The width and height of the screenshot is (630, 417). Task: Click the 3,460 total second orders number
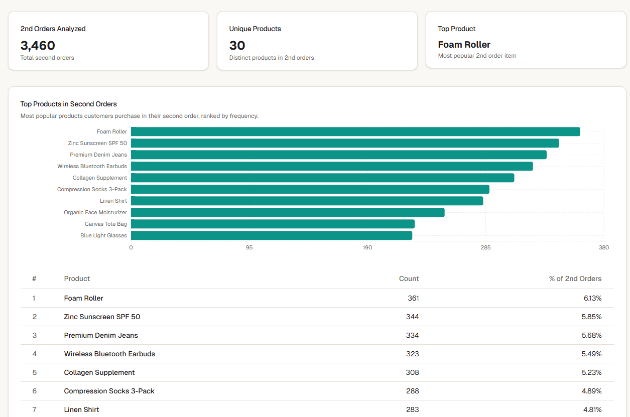(38, 46)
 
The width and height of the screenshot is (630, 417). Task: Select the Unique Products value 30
(237, 46)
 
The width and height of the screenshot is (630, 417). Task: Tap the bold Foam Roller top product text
(464, 45)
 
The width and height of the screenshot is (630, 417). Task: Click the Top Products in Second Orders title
(68, 104)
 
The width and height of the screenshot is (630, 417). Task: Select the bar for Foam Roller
(355, 131)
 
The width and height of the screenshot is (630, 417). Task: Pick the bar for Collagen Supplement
(322, 178)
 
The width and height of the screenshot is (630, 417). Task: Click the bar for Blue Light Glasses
(271, 235)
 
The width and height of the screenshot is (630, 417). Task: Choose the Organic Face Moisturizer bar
(287, 212)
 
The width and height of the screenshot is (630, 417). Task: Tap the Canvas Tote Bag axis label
(105, 224)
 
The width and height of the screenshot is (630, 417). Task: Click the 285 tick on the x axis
(485, 247)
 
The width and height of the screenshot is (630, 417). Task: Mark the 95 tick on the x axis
(249, 247)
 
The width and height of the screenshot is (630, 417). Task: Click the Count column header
(409, 279)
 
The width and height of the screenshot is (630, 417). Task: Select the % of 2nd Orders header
(575, 279)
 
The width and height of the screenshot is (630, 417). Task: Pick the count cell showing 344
(412, 317)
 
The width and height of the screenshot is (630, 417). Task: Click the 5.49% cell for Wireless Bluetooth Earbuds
(591, 354)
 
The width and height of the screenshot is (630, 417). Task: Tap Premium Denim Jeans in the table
(101, 335)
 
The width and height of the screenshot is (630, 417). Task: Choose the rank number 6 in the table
(34, 391)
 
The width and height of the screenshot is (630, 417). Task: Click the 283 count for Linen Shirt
(412, 409)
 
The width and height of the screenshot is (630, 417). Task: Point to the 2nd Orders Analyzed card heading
(53, 29)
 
